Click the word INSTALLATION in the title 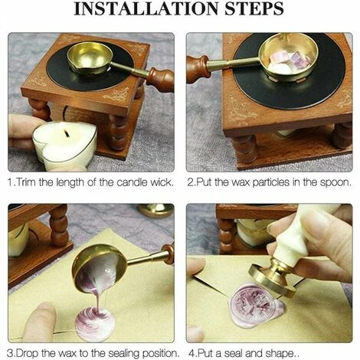pos(146,8)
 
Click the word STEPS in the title pos(254,8)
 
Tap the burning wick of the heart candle pos(67,133)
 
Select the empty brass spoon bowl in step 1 pos(90,58)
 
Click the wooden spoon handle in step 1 pos(160,79)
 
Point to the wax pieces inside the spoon pos(289,61)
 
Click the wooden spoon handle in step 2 pos(198,68)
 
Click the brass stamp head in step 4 pos(273,277)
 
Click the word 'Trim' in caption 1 pos(27,182)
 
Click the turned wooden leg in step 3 pos(59,225)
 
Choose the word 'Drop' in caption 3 pos(27,354)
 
